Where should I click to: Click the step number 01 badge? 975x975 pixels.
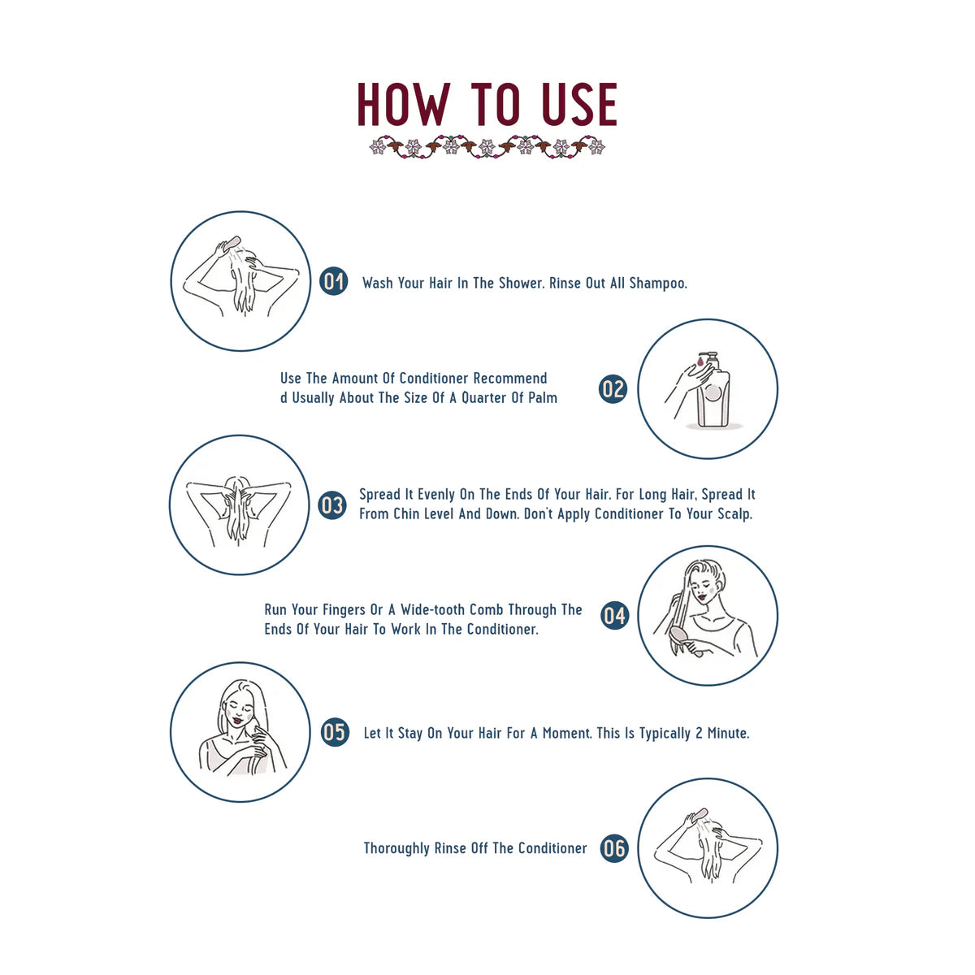click(x=334, y=281)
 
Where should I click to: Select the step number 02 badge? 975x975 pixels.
click(x=613, y=388)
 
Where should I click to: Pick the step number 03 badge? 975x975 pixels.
click(x=331, y=505)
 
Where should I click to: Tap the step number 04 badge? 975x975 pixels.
click(x=615, y=616)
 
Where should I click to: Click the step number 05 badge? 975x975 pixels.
click(x=335, y=732)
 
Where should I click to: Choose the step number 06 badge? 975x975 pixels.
click(x=615, y=849)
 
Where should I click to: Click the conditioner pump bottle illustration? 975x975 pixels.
click(x=713, y=394)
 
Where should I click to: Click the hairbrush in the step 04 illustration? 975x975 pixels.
click(x=680, y=635)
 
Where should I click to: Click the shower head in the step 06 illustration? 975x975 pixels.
click(x=698, y=814)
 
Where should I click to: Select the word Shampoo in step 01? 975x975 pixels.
click(x=658, y=284)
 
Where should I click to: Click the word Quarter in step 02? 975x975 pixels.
click(x=484, y=398)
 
